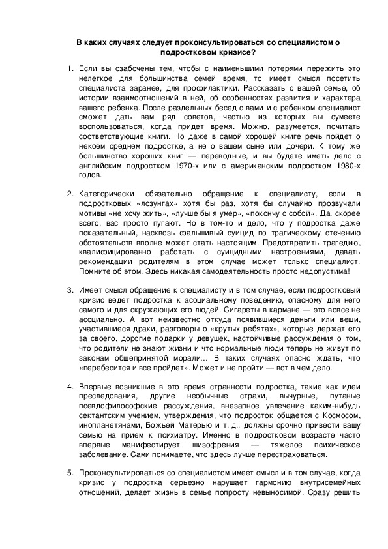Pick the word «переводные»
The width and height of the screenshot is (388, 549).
[228, 156]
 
